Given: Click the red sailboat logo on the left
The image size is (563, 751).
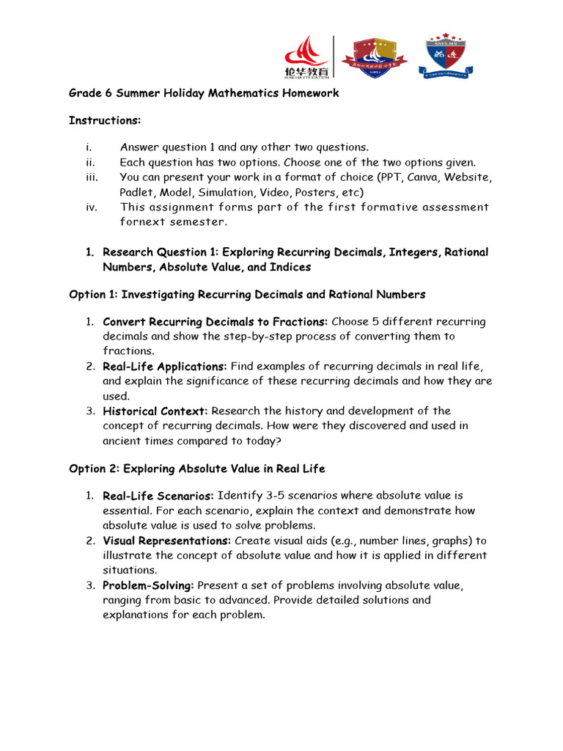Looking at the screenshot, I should pos(306,56).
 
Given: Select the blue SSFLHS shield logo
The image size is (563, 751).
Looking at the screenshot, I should pos(445,56).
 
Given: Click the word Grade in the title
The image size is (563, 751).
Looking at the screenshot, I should pos(84,93).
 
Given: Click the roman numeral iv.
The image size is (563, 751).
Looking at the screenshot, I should pos(91,207).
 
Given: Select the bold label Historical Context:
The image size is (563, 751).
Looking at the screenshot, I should pos(155,411).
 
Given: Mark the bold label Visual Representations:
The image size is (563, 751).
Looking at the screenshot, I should pos(166,541).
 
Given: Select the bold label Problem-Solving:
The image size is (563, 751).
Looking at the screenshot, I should pos(148,585).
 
